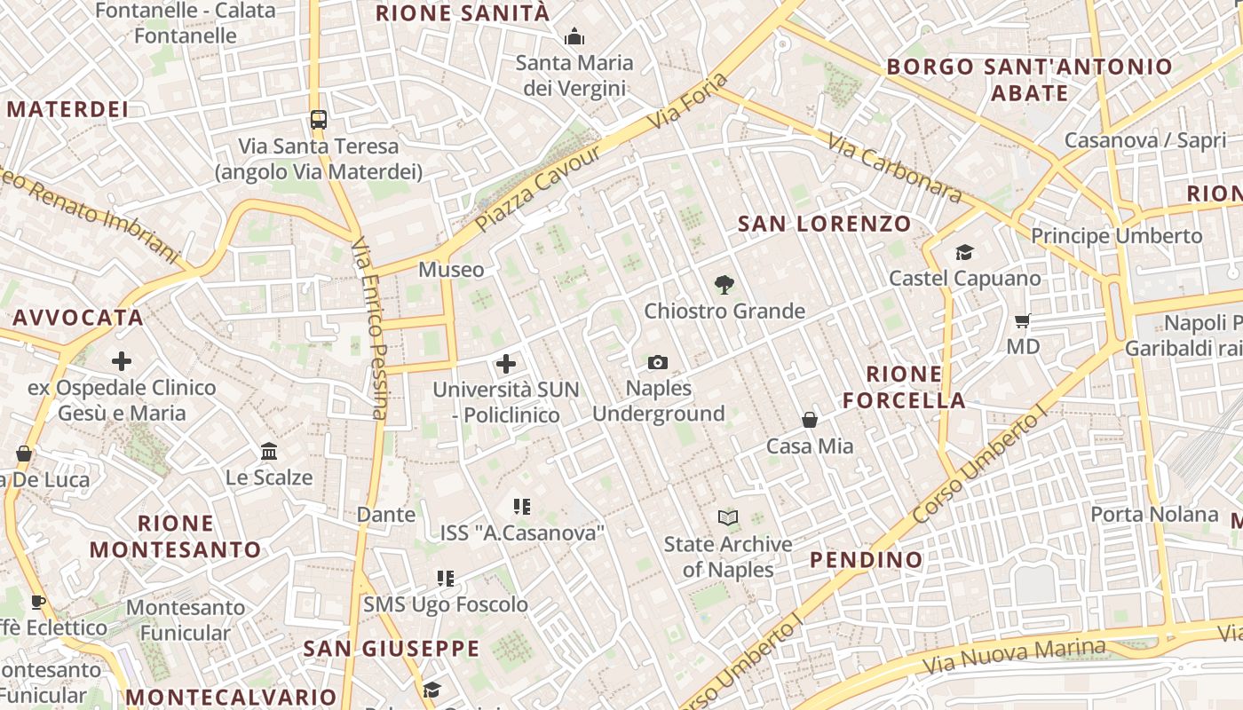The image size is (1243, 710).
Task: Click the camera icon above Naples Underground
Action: click(658, 362)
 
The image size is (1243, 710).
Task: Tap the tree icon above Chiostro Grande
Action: click(724, 285)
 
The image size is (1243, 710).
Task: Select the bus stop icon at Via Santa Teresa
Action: click(318, 120)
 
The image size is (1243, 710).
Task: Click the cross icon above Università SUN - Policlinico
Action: click(506, 363)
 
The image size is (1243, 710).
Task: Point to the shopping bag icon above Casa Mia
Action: click(810, 419)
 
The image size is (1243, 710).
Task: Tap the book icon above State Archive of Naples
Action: click(728, 517)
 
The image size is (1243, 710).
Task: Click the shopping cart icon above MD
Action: click(1023, 319)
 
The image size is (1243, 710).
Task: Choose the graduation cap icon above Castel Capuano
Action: click(964, 253)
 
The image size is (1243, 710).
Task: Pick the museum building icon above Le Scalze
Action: click(269, 451)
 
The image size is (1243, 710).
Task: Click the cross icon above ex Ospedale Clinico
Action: click(122, 361)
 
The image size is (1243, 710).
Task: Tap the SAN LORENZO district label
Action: click(825, 224)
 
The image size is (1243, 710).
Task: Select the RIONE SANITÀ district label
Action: click(463, 13)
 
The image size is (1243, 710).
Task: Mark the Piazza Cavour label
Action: click(538, 189)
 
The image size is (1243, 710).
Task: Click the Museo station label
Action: click(452, 270)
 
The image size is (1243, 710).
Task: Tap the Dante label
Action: click(385, 515)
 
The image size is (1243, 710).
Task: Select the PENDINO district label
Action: click(867, 560)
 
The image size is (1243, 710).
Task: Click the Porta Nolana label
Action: click(1154, 515)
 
